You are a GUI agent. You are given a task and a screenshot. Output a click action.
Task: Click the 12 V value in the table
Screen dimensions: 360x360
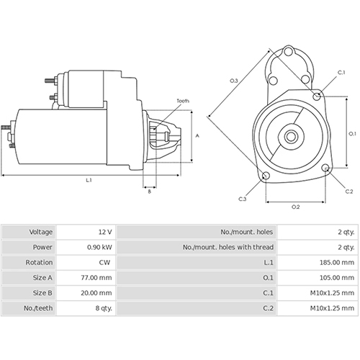pyautogui.click(x=104, y=232)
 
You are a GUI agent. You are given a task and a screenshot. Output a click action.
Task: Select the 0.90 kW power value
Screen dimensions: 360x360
pyautogui.click(x=99, y=247)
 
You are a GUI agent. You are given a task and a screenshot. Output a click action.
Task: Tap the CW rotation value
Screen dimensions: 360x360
pyautogui.click(x=106, y=262)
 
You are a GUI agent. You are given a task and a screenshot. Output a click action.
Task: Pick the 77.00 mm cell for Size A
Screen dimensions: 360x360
pyautogui.click(x=97, y=277)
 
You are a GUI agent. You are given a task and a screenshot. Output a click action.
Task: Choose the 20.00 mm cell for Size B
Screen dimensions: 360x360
pyautogui.click(x=97, y=292)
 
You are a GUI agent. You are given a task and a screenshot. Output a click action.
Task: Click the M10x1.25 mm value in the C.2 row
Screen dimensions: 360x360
pyautogui.click(x=332, y=307)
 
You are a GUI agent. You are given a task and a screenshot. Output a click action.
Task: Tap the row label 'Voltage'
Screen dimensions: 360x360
pyautogui.click(x=41, y=232)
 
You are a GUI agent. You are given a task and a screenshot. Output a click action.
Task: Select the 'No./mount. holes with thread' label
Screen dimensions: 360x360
pyautogui.click(x=229, y=247)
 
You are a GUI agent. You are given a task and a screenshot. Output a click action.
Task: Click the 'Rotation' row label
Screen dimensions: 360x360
pyautogui.click(x=40, y=262)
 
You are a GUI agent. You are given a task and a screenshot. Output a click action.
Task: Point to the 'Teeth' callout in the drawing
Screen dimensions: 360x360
pyautogui.click(x=183, y=102)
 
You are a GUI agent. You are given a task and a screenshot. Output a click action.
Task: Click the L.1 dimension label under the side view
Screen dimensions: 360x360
pyautogui.click(x=88, y=180)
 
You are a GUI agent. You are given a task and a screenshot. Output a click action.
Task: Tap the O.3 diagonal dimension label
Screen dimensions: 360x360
pyautogui.click(x=234, y=81)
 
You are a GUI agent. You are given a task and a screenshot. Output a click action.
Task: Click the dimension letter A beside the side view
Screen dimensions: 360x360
pyautogui.click(x=197, y=135)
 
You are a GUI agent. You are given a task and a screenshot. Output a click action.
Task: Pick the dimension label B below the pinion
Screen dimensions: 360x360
pyautogui.click(x=150, y=191)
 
